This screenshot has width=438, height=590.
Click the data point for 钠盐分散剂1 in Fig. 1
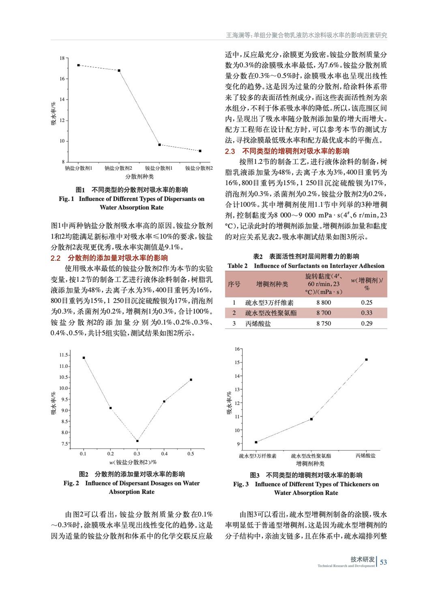(x=78, y=65)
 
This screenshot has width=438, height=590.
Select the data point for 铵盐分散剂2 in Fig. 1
(x=200, y=151)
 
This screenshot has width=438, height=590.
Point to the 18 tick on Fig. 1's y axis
(x=62, y=58)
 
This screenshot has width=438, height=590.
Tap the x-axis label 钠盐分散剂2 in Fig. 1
(x=118, y=168)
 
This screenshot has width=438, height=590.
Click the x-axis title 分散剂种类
(x=139, y=177)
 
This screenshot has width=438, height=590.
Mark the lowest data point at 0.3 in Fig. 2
(x=137, y=441)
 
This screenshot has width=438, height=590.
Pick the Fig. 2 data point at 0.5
(x=191, y=380)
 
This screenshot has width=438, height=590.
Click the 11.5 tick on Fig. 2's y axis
(x=64, y=355)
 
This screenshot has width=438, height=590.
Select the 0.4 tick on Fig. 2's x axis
(x=164, y=454)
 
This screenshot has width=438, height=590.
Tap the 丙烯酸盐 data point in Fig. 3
(x=366, y=359)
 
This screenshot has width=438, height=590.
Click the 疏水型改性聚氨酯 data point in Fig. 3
(x=311, y=419)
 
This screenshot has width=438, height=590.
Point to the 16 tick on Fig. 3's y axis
(x=238, y=349)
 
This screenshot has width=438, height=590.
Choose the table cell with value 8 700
(x=324, y=313)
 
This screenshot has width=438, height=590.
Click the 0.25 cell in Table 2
(x=367, y=303)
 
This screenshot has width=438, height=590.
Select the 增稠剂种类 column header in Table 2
(x=272, y=284)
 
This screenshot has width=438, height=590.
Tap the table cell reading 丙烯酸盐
(x=258, y=324)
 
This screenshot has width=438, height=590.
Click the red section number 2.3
(x=230, y=151)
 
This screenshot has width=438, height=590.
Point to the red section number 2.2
(x=56, y=258)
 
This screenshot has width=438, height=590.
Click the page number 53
(x=383, y=562)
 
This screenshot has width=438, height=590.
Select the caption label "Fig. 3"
(x=241, y=484)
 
